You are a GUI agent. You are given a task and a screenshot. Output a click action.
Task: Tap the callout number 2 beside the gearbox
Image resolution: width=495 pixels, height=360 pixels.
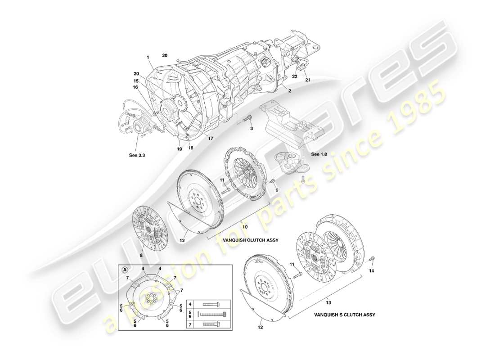[290, 91]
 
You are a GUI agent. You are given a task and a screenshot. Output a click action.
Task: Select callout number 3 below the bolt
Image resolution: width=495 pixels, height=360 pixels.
[252, 129]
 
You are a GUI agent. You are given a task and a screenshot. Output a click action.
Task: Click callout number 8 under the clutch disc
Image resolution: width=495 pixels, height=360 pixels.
[141, 256]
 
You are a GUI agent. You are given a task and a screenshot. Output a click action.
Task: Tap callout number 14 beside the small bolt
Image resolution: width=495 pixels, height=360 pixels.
[371, 271]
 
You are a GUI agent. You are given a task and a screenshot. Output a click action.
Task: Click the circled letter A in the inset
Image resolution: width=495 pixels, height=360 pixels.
[125, 270]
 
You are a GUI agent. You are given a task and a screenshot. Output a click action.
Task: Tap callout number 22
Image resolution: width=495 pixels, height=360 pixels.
[295, 76]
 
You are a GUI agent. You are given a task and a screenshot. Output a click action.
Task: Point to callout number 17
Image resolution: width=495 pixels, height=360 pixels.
[211, 138]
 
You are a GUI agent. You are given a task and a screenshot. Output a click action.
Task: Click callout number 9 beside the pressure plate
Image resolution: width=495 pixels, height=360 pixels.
[277, 190]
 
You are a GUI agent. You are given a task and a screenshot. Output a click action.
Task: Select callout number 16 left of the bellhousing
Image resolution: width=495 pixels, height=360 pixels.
[135, 88]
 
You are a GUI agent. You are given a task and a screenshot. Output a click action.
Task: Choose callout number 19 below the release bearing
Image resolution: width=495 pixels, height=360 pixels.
[180, 148]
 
